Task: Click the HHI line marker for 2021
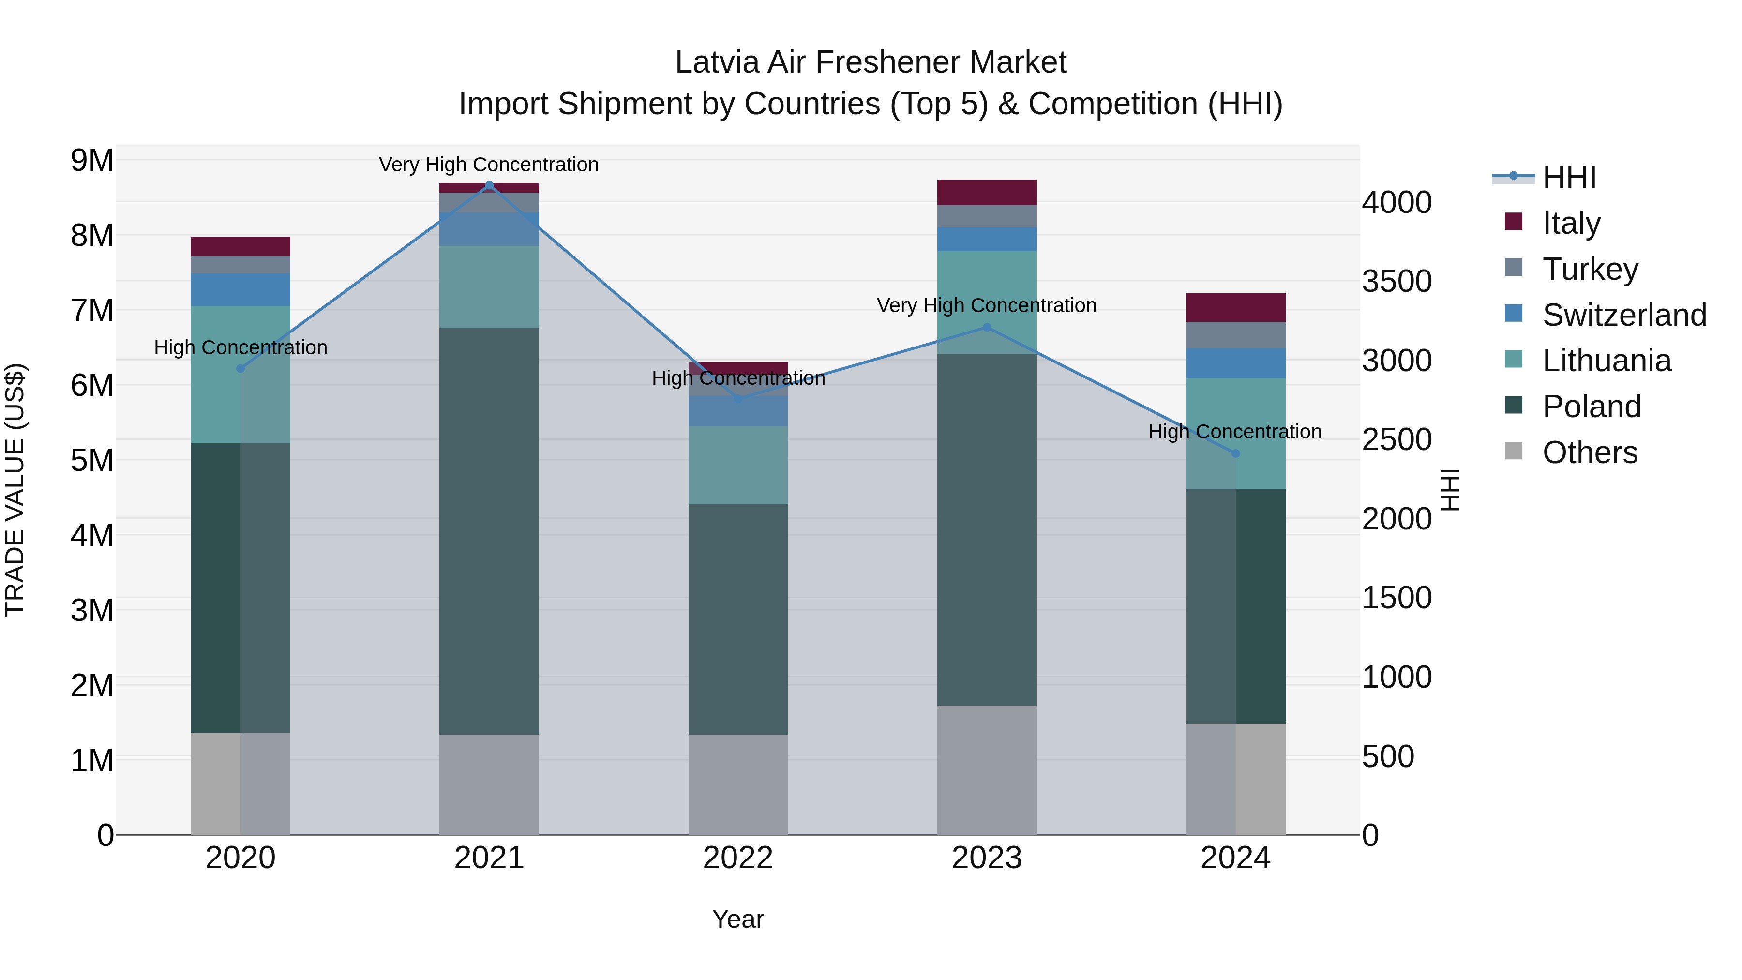[489, 185]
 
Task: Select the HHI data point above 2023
[987, 327]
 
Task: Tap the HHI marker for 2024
[1235, 453]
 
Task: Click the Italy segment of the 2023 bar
[987, 193]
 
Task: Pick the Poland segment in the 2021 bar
[489, 531]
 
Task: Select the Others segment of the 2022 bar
[738, 784]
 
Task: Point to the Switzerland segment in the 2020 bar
[240, 289]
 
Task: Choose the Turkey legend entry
[1589, 269]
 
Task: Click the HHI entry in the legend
[1569, 177]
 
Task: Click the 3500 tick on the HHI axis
[1397, 281]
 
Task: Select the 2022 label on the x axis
[738, 858]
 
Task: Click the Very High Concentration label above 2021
[489, 165]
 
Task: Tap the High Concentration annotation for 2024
[1235, 432]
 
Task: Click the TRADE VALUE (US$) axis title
[15, 490]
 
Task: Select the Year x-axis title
[738, 919]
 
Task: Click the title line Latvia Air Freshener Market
[871, 62]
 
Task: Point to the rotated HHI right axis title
[1451, 490]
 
